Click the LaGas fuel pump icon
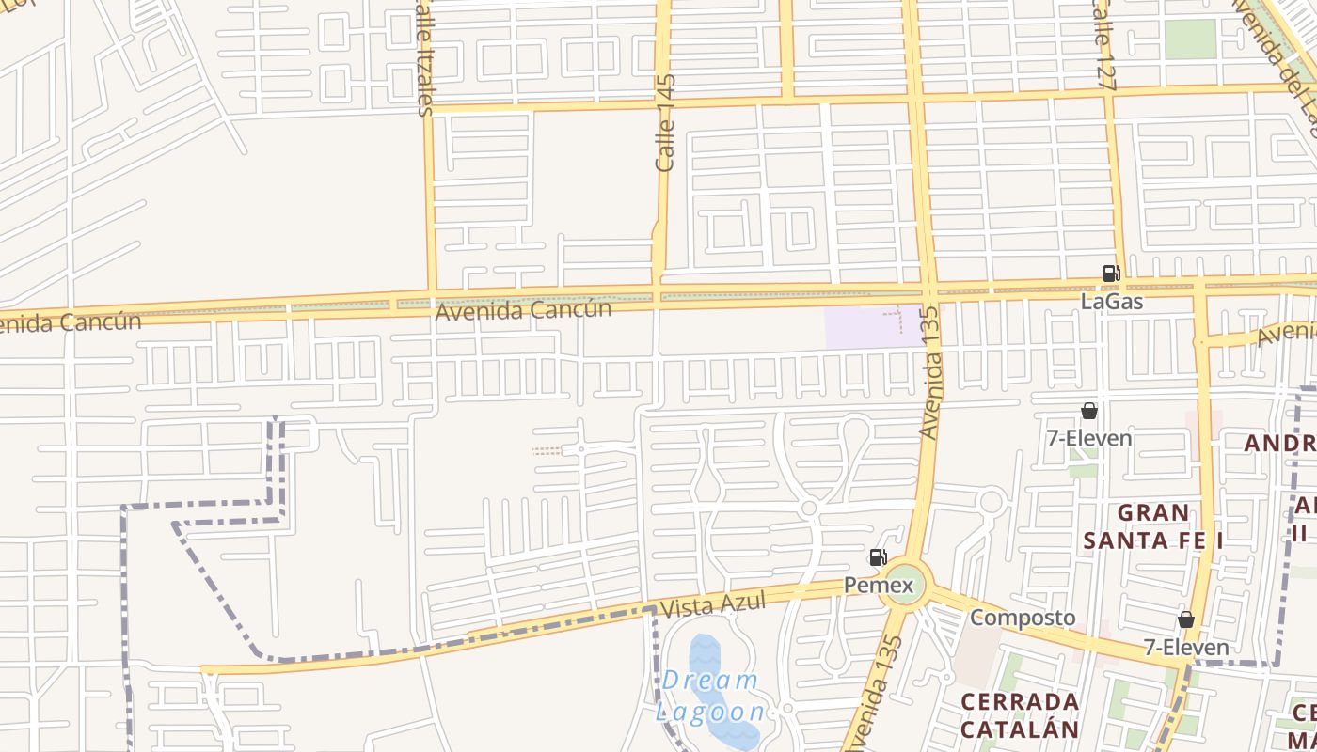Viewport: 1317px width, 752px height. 1111,274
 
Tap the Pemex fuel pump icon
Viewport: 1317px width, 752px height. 878,557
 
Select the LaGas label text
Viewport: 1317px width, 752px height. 1112,302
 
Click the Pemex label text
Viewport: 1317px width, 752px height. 879,586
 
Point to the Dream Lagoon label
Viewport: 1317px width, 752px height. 710,696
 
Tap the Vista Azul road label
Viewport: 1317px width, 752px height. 712,603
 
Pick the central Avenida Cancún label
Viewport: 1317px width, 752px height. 523,309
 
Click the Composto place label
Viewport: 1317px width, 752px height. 1023,618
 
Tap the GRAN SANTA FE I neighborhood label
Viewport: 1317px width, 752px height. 1153,526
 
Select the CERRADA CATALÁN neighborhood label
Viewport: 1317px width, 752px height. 1020,715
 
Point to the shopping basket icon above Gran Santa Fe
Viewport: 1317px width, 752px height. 1088,411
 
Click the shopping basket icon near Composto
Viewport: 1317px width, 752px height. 1186,619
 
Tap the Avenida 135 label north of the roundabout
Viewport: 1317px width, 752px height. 929,372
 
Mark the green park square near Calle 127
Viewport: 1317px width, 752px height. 1191,39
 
